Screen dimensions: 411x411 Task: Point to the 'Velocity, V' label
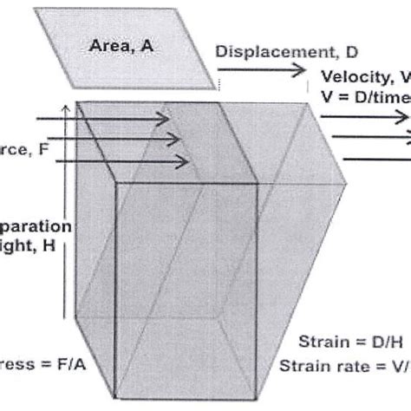pos(364,76)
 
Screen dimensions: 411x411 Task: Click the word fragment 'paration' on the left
pos(36,225)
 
